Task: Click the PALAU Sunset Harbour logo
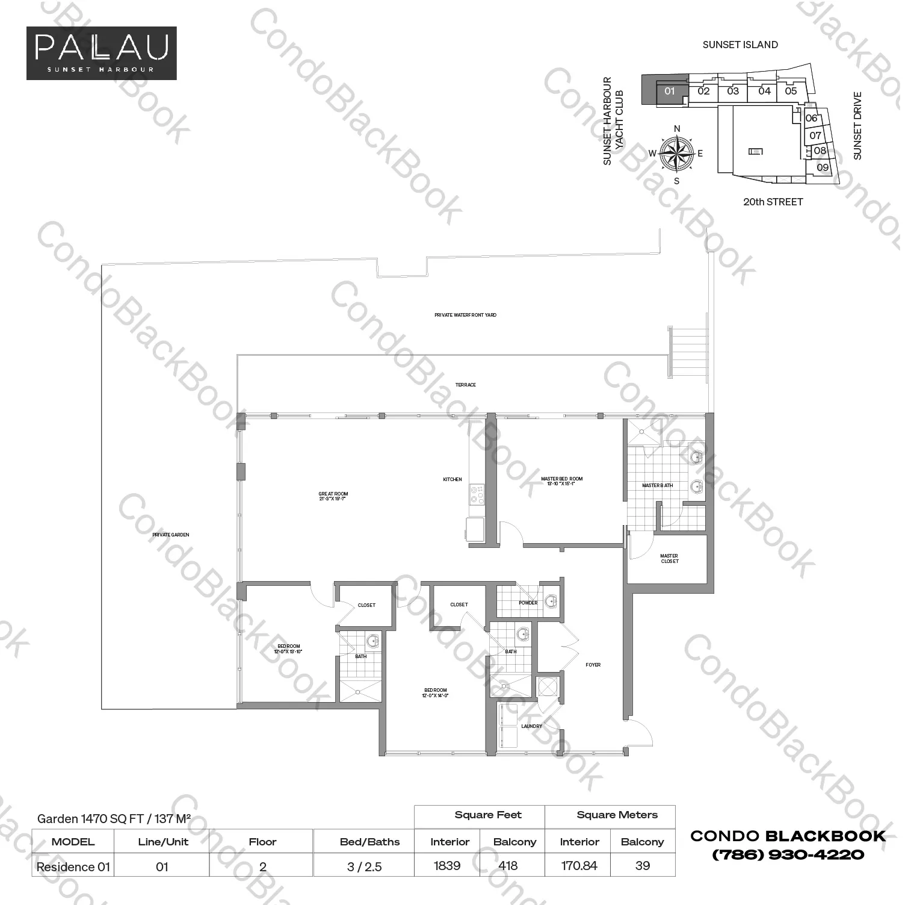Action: [x=101, y=53]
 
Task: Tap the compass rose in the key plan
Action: [x=676, y=153]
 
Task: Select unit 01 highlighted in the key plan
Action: [x=669, y=92]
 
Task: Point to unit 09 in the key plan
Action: [x=822, y=167]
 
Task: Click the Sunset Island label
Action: [x=740, y=45]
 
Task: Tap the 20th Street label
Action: [x=773, y=202]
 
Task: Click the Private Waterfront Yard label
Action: [x=465, y=315]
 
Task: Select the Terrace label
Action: [x=465, y=385]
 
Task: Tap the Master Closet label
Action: [x=669, y=559]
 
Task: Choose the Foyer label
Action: [x=593, y=665]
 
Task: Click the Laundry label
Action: [x=531, y=726]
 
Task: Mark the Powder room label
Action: [x=528, y=603]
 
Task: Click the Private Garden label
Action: [x=170, y=535]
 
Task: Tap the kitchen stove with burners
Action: [x=477, y=495]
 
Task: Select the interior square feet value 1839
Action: [x=447, y=866]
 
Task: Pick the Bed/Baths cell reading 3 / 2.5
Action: [x=364, y=866]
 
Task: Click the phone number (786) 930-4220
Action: [x=788, y=854]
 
